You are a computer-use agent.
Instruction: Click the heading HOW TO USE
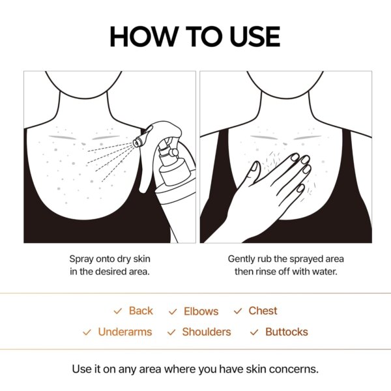[x=195, y=36]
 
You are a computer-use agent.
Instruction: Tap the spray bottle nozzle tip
[x=136, y=141]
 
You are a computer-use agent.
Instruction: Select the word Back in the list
[x=140, y=311]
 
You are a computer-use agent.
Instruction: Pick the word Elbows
[x=201, y=311]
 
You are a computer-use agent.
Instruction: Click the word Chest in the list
[x=263, y=311]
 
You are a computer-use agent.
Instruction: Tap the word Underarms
[x=124, y=332]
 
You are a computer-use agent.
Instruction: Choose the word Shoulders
[x=206, y=332]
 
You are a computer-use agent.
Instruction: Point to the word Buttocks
[x=287, y=332]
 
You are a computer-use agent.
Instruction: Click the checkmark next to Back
[x=117, y=311]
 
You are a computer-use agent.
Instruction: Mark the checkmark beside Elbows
[x=173, y=312]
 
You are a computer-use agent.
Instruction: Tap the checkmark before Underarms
[x=87, y=332]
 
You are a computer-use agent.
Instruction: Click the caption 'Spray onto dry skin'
[x=109, y=259]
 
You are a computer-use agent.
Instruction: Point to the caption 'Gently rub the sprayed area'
[x=285, y=259]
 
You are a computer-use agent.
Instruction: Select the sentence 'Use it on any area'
[x=195, y=369]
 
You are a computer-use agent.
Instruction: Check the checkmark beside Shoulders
[x=171, y=332]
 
